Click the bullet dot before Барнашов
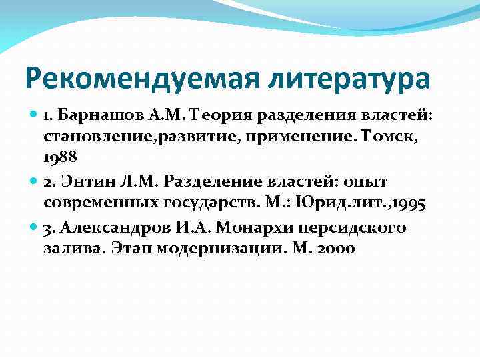tap(34, 115)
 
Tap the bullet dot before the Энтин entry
tap(34, 181)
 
